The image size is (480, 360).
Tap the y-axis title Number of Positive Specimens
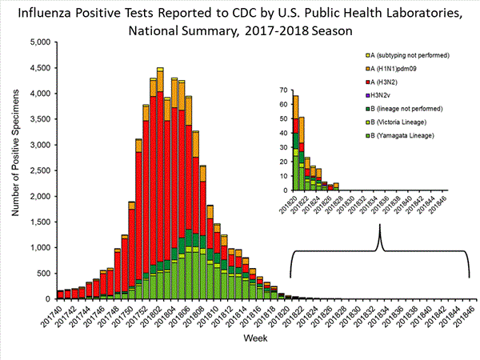(x=16, y=170)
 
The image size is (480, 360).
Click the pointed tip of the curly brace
(x=379, y=226)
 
